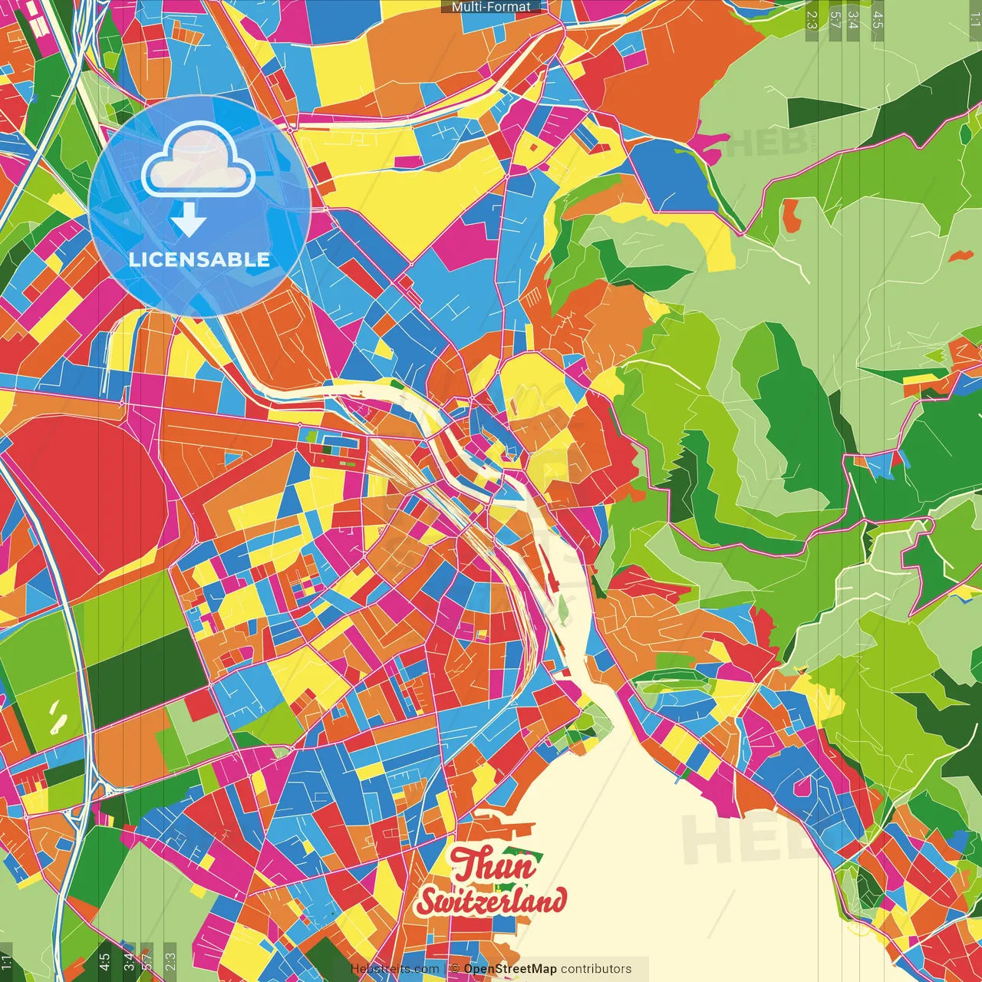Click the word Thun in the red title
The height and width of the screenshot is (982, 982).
[493, 865]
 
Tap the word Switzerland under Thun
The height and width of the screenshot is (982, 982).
[491, 901]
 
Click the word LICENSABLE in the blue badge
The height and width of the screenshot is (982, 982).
[199, 259]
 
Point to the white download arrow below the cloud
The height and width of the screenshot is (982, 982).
[189, 221]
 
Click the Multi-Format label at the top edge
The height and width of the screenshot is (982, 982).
[491, 7]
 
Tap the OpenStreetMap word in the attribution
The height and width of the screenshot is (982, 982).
[510, 969]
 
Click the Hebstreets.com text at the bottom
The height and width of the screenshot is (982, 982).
[394, 969]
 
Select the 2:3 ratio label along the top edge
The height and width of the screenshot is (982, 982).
[812, 19]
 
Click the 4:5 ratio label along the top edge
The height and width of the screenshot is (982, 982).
[878, 19]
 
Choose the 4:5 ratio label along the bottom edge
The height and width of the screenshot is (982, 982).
[104, 962]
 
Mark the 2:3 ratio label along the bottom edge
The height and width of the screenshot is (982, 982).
[170, 962]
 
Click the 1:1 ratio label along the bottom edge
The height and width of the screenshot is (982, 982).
[6, 962]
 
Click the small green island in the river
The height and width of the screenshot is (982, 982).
[563, 610]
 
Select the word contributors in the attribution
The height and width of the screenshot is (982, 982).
[596, 969]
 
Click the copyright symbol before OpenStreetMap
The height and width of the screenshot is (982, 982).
[455, 969]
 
